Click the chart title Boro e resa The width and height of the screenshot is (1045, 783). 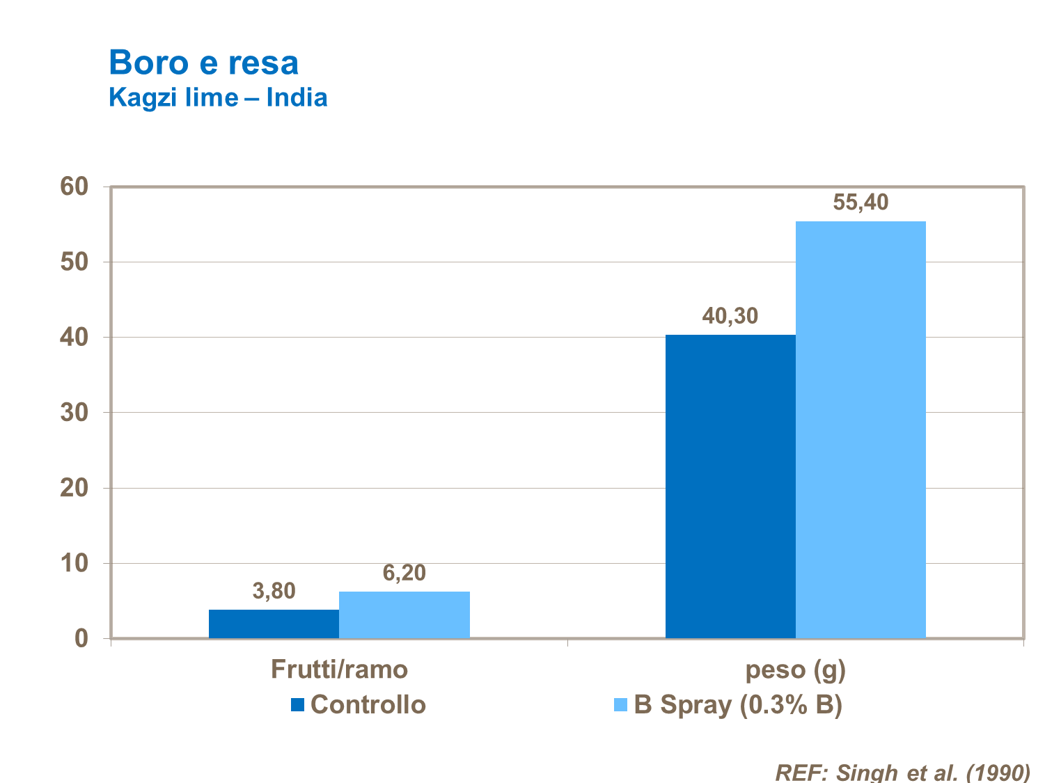click(x=203, y=63)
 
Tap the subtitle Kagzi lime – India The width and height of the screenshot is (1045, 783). click(x=218, y=97)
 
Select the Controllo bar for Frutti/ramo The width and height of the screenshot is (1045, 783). click(x=274, y=624)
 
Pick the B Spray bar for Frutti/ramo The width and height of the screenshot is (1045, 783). click(x=404, y=615)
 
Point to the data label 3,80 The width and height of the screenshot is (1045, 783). click(x=274, y=592)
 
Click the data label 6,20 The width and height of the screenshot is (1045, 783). click(x=404, y=573)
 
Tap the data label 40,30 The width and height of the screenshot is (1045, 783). click(x=730, y=316)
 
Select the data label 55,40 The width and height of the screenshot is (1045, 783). click(x=861, y=203)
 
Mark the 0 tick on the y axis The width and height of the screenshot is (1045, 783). click(x=81, y=638)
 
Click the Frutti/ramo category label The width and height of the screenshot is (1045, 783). click(x=339, y=670)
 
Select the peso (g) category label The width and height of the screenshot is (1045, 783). click(x=795, y=670)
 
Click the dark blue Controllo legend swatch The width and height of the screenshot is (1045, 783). click(x=298, y=705)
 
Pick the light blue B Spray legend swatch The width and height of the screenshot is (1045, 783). click(x=620, y=705)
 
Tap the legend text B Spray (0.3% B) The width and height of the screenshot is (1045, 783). click(x=738, y=705)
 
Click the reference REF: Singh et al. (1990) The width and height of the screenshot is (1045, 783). click(x=902, y=773)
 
